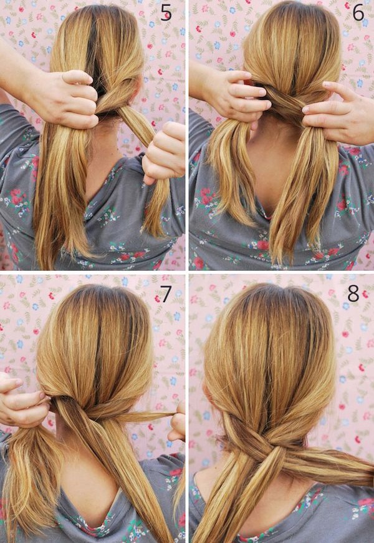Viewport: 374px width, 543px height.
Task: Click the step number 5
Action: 166,13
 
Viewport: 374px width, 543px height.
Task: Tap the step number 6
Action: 358,12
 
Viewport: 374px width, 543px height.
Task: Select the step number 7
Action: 166,294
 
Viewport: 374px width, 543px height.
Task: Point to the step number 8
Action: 353,293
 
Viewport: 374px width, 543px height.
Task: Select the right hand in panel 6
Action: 337,112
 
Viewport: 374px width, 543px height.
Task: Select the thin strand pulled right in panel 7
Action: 138,414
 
